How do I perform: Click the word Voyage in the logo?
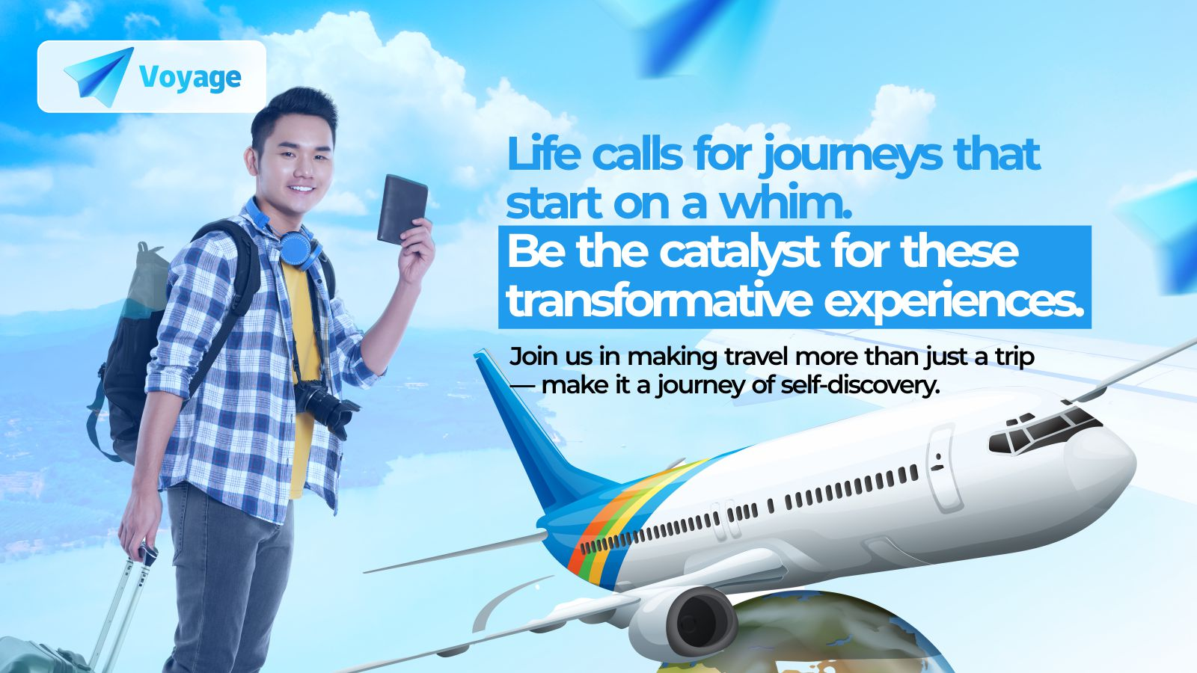coord(190,78)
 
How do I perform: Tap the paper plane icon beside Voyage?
coord(100,76)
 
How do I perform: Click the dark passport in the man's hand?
coord(402,209)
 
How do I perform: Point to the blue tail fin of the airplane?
coord(534,433)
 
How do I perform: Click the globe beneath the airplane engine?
coord(801,636)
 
